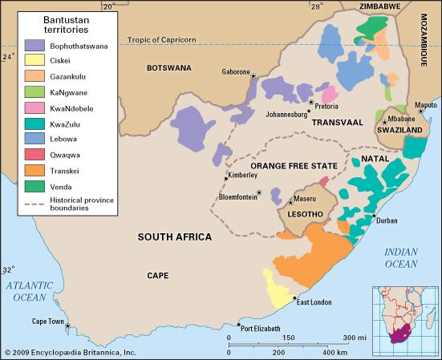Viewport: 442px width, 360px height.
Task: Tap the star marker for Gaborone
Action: (253, 77)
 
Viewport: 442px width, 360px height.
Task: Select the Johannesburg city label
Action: (280, 114)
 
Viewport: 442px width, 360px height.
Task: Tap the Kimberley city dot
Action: (225, 180)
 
